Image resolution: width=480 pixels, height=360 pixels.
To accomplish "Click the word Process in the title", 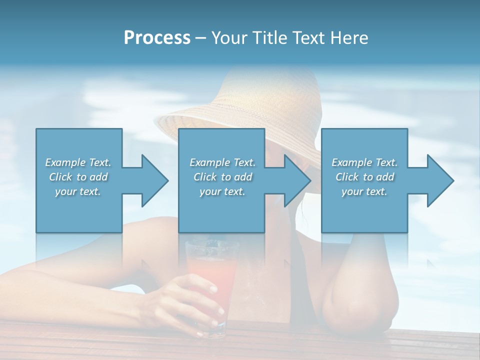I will coord(157,37).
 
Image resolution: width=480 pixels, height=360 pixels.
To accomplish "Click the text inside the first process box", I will coord(78,177).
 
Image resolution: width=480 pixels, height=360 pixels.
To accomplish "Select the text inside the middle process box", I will coord(222,177).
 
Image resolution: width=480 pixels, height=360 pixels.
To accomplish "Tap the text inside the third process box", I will coord(364,177).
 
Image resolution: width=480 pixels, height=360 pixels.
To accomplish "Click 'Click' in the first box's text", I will coord(60,177).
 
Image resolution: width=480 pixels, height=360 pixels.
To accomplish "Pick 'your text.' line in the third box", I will coord(364,191).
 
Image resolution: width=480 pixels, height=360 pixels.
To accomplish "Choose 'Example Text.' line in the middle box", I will coord(222,162).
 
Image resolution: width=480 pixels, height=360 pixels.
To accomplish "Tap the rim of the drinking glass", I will coord(206,243).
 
